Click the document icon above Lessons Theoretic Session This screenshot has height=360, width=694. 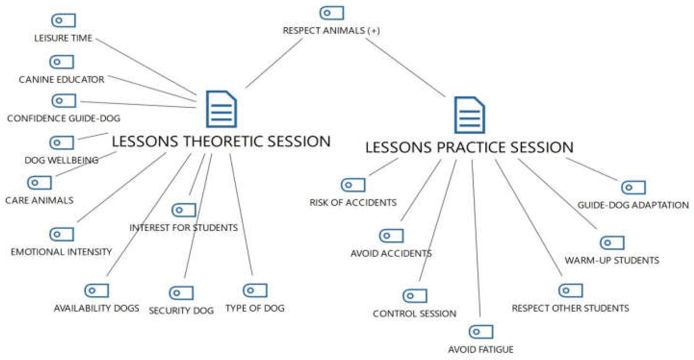click(221, 109)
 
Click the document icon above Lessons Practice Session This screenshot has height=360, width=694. click(469, 115)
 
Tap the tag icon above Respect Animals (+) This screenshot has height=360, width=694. click(332, 13)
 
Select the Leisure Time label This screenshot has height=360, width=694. click(63, 38)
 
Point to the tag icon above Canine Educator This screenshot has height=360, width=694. click(61, 62)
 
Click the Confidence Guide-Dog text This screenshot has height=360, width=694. click(64, 118)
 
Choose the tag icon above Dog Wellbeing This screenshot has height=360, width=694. click(61, 143)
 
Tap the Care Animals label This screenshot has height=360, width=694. click(39, 200)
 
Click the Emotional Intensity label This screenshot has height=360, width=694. click(61, 252)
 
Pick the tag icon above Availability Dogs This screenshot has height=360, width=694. click(96, 291)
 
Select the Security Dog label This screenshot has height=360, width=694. click(181, 310)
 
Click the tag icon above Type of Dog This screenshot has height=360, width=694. click(255, 290)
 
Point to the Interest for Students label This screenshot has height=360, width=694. click(183, 228)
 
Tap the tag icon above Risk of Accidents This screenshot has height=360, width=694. click(353, 185)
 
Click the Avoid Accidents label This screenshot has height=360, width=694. click(391, 253)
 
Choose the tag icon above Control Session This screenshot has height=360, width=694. click(415, 296)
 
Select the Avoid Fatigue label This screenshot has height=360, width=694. click(481, 349)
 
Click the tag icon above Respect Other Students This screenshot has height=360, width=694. click(570, 290)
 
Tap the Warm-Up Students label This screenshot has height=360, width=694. click(612, 260)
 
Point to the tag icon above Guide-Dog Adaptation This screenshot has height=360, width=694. click(633, 187)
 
